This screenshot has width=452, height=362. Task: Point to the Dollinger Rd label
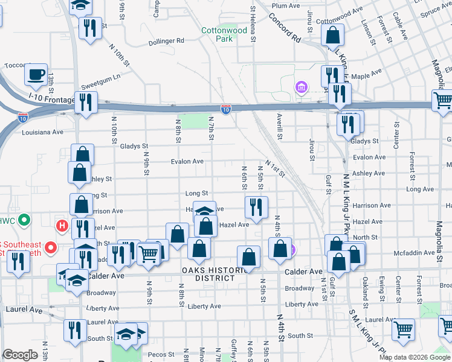(166, 41)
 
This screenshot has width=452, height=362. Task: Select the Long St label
(196, 193)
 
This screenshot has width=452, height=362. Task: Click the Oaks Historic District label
(208, 274)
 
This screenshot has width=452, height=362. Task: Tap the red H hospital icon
(61, 226)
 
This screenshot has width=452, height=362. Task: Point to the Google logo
(21, 355)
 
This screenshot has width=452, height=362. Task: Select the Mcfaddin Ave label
(414, 253)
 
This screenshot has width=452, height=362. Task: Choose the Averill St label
(279, 125)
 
